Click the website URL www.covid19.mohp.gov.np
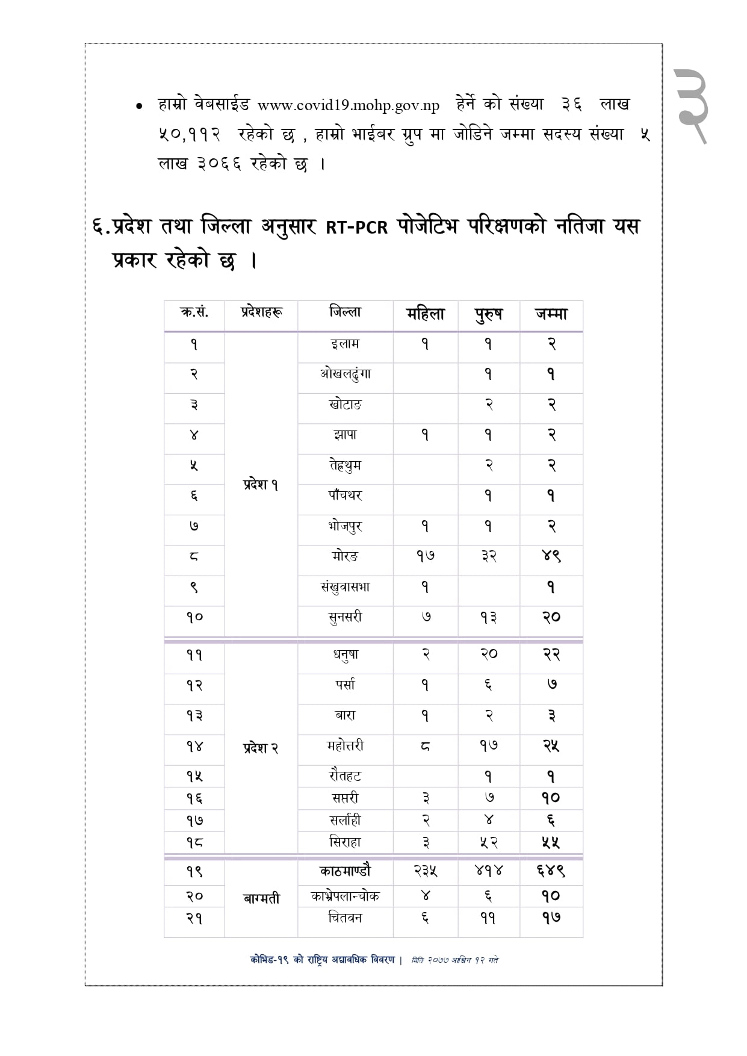(x=348, y=105)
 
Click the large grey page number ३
(x=691, y=106)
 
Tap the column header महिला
(x=425, y=314)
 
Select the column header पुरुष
(x=488, y=314)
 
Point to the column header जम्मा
(x=551, y=314)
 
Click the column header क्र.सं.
(x=194, y=312)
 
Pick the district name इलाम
(x=345, y=344)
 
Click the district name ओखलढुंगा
(x=345, y=374)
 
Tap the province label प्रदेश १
(x=261, y=484)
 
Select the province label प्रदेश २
(x=261, y=748)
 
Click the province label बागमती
(x=261, y=898)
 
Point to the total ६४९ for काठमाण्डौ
(x=551, y=871)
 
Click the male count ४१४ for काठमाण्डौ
(x=488, y=871)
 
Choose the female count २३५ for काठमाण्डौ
(x=425, y=871)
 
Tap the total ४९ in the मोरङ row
(x=551, y=556)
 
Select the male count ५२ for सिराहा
(x=488, y=842)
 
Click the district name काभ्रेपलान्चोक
(x=345, y=896)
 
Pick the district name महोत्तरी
(x=345, y=746)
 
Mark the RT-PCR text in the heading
(x=356, y=228)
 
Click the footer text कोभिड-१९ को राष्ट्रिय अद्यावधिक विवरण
(x=322, y=960)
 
